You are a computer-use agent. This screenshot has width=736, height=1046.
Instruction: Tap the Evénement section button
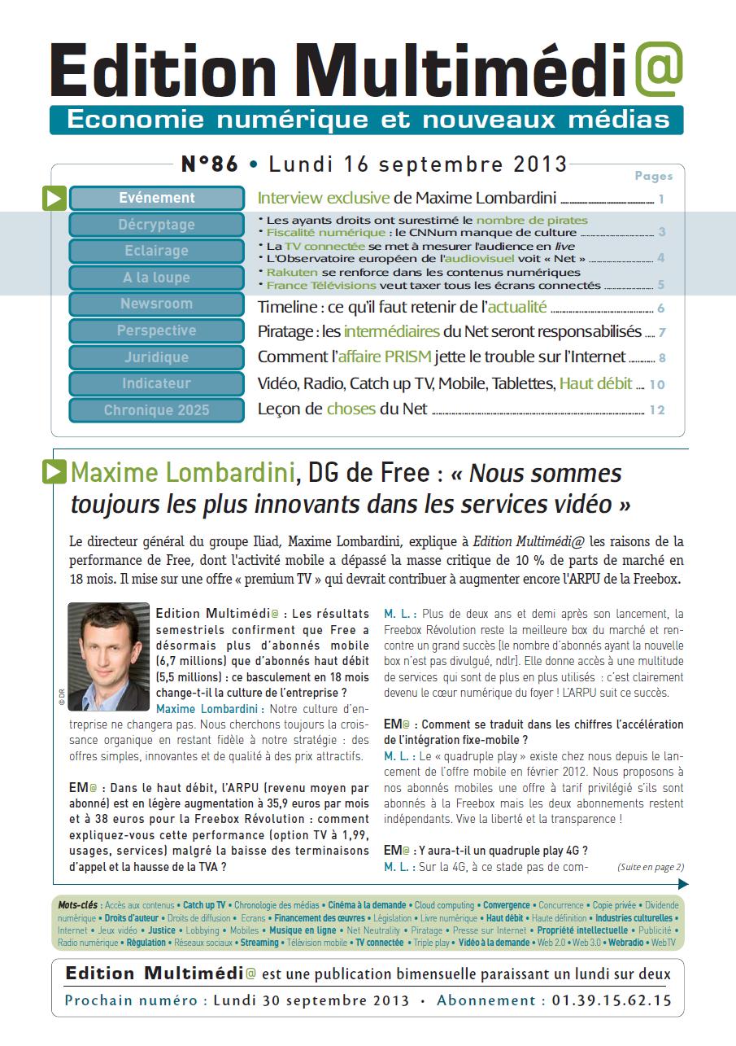[157, 198]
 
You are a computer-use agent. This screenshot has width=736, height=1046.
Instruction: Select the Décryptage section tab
[157, 225]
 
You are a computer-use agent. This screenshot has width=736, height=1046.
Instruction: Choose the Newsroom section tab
[157, 304]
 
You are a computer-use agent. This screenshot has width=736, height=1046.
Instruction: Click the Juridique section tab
[157, 357]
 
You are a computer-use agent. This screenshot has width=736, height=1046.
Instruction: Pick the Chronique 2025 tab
[157, 410]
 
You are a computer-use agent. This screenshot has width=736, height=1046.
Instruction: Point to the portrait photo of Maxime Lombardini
[108, 657]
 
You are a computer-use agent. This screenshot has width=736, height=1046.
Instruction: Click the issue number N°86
[210, 164]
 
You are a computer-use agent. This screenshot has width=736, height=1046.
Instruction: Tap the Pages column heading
[653, 176]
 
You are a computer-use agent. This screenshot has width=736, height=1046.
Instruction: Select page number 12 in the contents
[657, 410]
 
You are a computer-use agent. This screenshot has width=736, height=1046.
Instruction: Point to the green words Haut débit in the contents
[595, 383]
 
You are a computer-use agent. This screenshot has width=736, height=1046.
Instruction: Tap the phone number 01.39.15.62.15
[612, 1000]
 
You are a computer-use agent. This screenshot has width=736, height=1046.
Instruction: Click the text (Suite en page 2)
[651, 867]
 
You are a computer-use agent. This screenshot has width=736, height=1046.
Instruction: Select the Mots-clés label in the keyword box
[78, 905]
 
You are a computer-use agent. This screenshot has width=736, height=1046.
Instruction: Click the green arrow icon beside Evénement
[54, 198]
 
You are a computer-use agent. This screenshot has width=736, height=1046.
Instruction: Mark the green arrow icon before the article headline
[54, 472]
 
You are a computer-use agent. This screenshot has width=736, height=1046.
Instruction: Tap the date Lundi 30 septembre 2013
[311, 1000]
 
